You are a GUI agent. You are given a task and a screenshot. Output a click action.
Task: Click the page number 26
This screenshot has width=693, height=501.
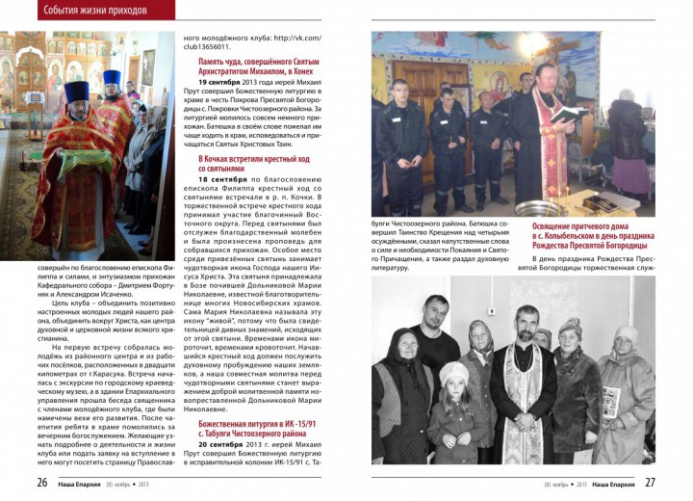click(42, 483)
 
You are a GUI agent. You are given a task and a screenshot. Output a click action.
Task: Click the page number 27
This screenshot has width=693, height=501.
click(650, 483)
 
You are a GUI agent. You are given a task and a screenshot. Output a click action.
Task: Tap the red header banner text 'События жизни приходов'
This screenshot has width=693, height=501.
click(94, 12)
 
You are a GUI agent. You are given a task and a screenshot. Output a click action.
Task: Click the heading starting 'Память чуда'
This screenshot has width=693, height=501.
click(260, 66)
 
